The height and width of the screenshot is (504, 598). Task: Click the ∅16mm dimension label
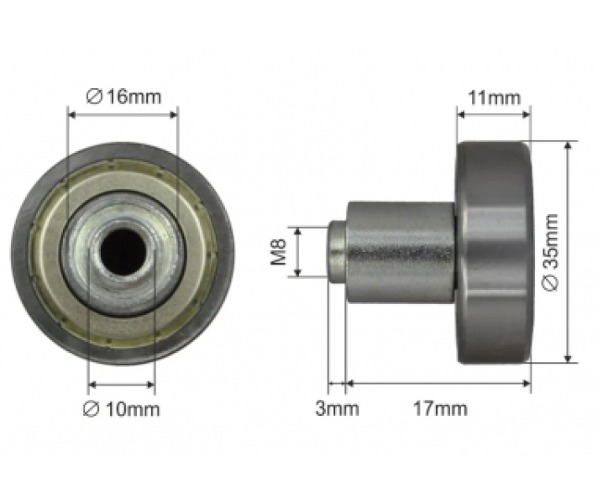click(x=123, y=97)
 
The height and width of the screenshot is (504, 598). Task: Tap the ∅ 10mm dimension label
click(x=123, y=409)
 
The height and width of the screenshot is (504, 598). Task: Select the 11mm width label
click(x=494, y=97)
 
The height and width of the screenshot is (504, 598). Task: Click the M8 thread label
click(x=281, y=251)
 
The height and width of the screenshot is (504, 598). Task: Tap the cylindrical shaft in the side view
click(x=401, y=251)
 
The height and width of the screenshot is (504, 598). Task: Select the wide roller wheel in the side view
click(x=494, y=252)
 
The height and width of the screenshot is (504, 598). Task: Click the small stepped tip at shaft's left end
click(x=337, y=251)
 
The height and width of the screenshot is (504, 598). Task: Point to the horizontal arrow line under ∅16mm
click(x=123, y=113)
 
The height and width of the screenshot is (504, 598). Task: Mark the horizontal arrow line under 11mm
click(x=494, y=113)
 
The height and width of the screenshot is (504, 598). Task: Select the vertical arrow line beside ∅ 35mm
click(x=569, y=252)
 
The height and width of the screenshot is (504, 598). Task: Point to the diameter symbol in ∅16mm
click(x=96, y=97)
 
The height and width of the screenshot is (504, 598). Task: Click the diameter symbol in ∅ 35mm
click(x=551, y=284)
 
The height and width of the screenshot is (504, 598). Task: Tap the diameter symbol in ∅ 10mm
click(x=93, y=409)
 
